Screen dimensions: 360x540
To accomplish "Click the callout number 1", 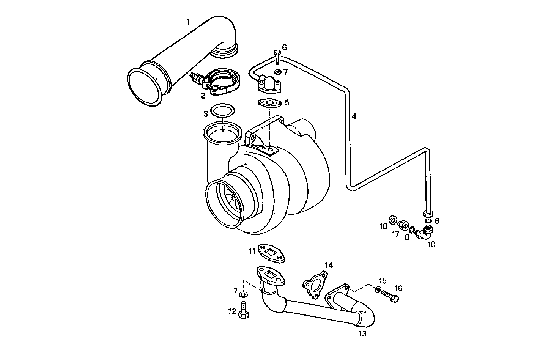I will point(187,22).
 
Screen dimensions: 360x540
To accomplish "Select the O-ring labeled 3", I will point(222,112).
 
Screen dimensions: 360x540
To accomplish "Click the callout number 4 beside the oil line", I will point(353,116).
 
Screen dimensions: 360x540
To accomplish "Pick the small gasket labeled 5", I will point(269,102).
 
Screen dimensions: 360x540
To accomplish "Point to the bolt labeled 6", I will point(277,57).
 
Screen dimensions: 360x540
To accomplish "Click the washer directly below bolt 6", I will point(277,72).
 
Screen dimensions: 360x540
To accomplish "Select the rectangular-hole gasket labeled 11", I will point(271,253).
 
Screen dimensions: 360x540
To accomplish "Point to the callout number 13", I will point(362,334).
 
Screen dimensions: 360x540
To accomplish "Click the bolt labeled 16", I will point(390,296).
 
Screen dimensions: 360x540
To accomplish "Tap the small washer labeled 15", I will point(378,290).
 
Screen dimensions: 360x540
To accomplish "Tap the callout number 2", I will point(203,96).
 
